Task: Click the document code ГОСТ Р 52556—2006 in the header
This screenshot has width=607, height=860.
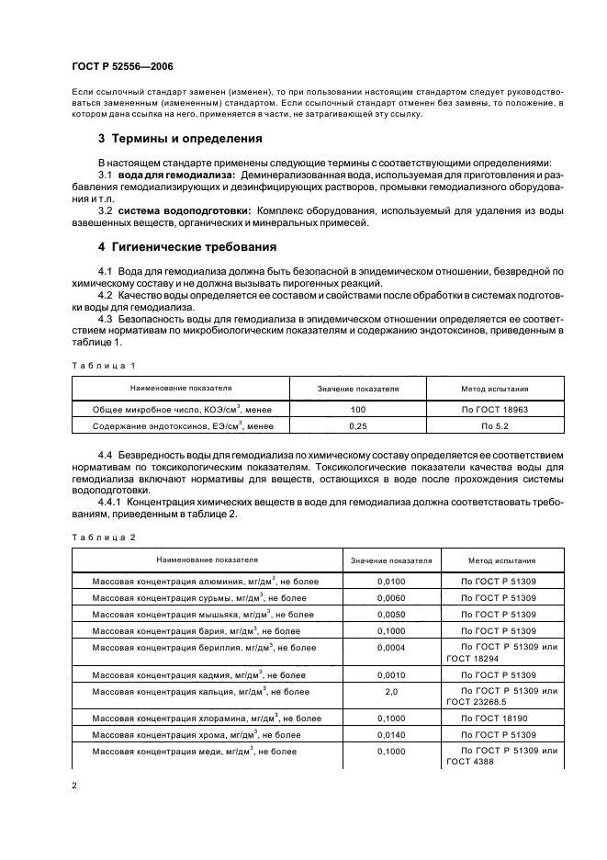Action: pyautogui.click(x=120, y=66)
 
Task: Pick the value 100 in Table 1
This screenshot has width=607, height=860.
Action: pyautogui.click(x=358, y=408)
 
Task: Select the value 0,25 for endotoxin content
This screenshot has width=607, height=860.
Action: pyautogui.click(x=358, y=426)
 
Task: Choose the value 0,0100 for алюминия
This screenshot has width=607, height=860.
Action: pyautogui.click(x=390, y=582)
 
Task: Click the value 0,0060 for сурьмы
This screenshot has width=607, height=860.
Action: pyautogui.click(x=390, y=598)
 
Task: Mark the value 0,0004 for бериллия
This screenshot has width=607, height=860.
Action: pyautogui.click(x=390, y=648)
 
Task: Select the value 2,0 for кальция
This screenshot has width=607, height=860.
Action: pyautogui.click(x=390, y=691)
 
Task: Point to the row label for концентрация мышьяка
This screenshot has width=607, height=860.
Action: pyautogui.click(x=203, y=614)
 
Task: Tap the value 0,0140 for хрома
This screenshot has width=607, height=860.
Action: pyautogui.click(x=390, y=735)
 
